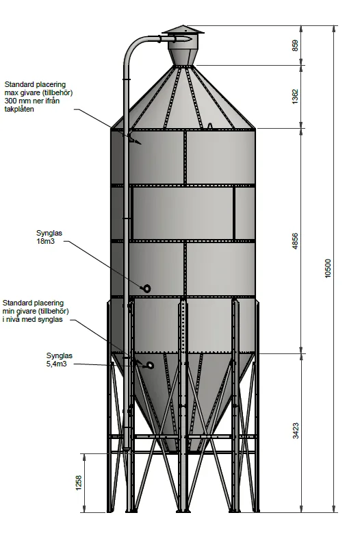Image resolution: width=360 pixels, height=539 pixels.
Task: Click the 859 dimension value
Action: click(x=295, y=45)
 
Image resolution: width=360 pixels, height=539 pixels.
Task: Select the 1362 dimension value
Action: click(x=295, y=97)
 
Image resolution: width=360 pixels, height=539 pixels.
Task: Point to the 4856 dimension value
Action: click(x=295, y=241)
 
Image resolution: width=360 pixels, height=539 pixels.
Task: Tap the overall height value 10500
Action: click(x=328, y=268)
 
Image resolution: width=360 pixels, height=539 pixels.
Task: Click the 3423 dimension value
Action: click(x=296, y=431)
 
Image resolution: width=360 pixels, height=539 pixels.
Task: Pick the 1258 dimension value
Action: click(x=79, y=483)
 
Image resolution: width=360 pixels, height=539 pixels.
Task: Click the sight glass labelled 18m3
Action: click(x=146, y=288)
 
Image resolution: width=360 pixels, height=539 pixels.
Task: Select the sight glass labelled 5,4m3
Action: click(x=150, y=365)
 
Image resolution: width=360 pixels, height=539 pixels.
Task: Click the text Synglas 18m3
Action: click(x=49, y=237)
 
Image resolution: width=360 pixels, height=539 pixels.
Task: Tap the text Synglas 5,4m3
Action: click(x=60, y=360)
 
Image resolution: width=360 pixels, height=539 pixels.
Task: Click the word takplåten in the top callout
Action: click(x=19, y=109)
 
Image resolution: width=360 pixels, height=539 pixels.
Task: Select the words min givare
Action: click(x=19, y=311)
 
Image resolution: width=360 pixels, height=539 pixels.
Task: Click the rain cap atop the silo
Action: click(x=183, y=30)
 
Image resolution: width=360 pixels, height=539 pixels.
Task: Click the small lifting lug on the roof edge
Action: click(x=209, y=126)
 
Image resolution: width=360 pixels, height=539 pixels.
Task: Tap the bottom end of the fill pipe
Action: click(x=127, y=448)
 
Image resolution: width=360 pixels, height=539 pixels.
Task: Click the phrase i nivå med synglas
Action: click(x=33, y=319)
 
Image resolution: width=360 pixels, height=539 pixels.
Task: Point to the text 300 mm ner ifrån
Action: click(x=32, y=101)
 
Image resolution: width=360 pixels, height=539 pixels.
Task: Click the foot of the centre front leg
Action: click(x=183, y=511)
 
